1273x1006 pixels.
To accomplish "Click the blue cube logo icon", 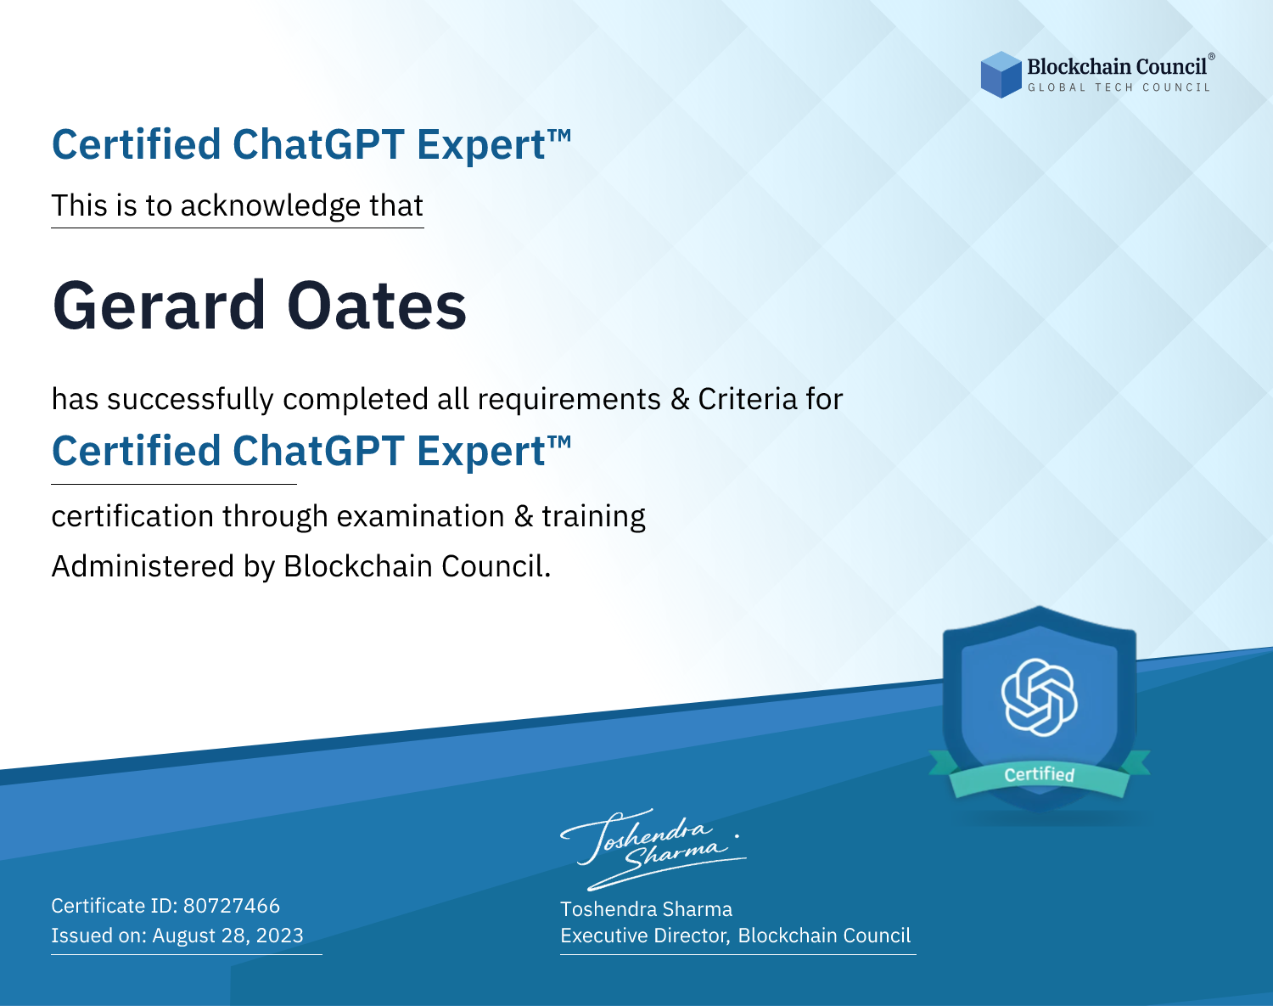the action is tap(1001, 75).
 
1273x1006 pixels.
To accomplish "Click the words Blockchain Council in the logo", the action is tap(1117, 67).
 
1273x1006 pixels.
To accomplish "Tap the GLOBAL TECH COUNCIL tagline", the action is tap(1119, 87).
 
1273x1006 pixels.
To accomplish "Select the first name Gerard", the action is tap(159, 306).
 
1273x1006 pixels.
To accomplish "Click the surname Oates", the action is tap(377, 306).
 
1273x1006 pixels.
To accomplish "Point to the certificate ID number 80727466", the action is tap(232, 906).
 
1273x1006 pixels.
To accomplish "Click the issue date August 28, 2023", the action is tap(227, 936).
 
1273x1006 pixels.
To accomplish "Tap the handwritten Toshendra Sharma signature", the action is tap(653, 849).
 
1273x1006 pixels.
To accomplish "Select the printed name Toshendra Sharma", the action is tap(646, 909).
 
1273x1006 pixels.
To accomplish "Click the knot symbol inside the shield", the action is tap(1040, 697).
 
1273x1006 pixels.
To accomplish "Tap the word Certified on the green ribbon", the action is tap(1040, 774).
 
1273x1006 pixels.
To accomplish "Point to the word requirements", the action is tap(569, 400).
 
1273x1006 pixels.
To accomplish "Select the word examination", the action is tap(421, 516).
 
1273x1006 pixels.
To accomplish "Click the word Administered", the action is tap(143, 565).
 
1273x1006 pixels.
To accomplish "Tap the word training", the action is tap(594, 517).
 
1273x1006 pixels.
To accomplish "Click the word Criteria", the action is tap(747, 399).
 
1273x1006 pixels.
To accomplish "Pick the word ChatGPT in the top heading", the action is tap(318, 144).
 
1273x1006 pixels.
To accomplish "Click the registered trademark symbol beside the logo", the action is tap(1212, 56).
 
